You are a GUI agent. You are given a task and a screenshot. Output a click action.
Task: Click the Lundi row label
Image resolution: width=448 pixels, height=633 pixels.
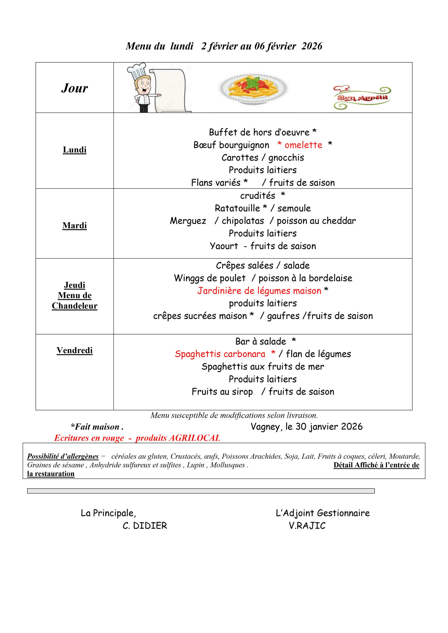[74, 150]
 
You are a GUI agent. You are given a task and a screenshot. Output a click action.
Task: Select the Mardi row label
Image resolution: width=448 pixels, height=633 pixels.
[74, 226]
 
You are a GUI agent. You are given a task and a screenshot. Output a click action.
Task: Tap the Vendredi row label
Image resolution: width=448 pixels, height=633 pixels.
[74, 350]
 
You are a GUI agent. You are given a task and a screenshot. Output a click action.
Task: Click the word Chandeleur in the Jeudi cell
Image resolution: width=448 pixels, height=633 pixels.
[74, 306]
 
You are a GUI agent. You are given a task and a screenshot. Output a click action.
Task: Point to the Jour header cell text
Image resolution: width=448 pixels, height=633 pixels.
[74, 88]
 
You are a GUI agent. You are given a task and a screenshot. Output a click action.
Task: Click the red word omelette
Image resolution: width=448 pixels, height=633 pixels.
[303, 145]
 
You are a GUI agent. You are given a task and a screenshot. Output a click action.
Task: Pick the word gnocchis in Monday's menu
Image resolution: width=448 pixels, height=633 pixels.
[286, 158]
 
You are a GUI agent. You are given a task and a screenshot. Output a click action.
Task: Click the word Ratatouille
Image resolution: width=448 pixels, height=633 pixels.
[237, 208]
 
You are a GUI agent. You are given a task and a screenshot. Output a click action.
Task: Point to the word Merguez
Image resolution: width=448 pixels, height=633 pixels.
[188, 221]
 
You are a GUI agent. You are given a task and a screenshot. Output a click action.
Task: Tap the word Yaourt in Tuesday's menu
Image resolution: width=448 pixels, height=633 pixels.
[224, 246]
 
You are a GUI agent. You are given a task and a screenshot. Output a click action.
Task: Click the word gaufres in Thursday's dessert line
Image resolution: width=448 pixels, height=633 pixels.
[283, 316]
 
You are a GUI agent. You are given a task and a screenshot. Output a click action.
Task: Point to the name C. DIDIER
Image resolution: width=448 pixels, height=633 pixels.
[144, 526]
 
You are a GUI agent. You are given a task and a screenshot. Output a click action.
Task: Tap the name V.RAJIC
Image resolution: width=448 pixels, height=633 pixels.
[307, 526]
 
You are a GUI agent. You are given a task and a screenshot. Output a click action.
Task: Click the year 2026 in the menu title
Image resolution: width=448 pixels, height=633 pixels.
[312, 46]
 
